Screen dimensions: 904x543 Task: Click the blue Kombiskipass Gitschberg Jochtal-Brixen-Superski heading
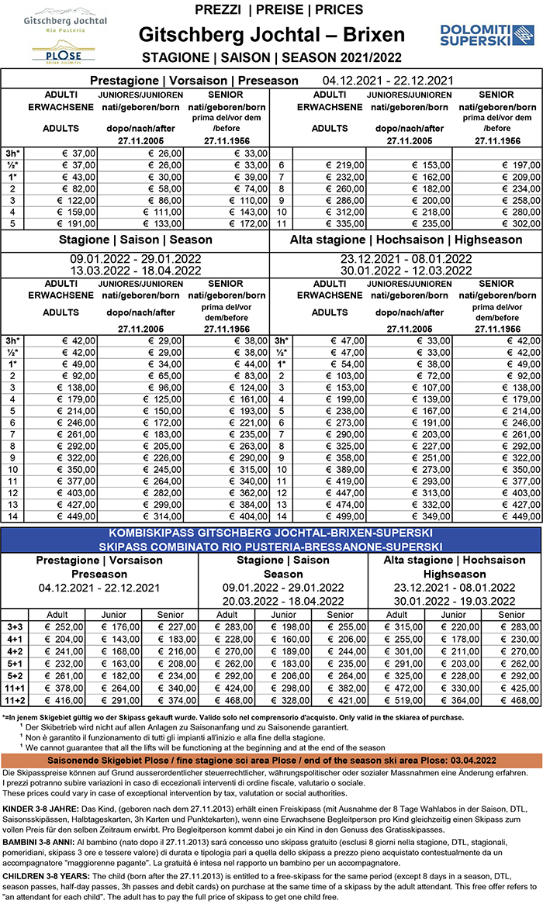pos(271,535)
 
